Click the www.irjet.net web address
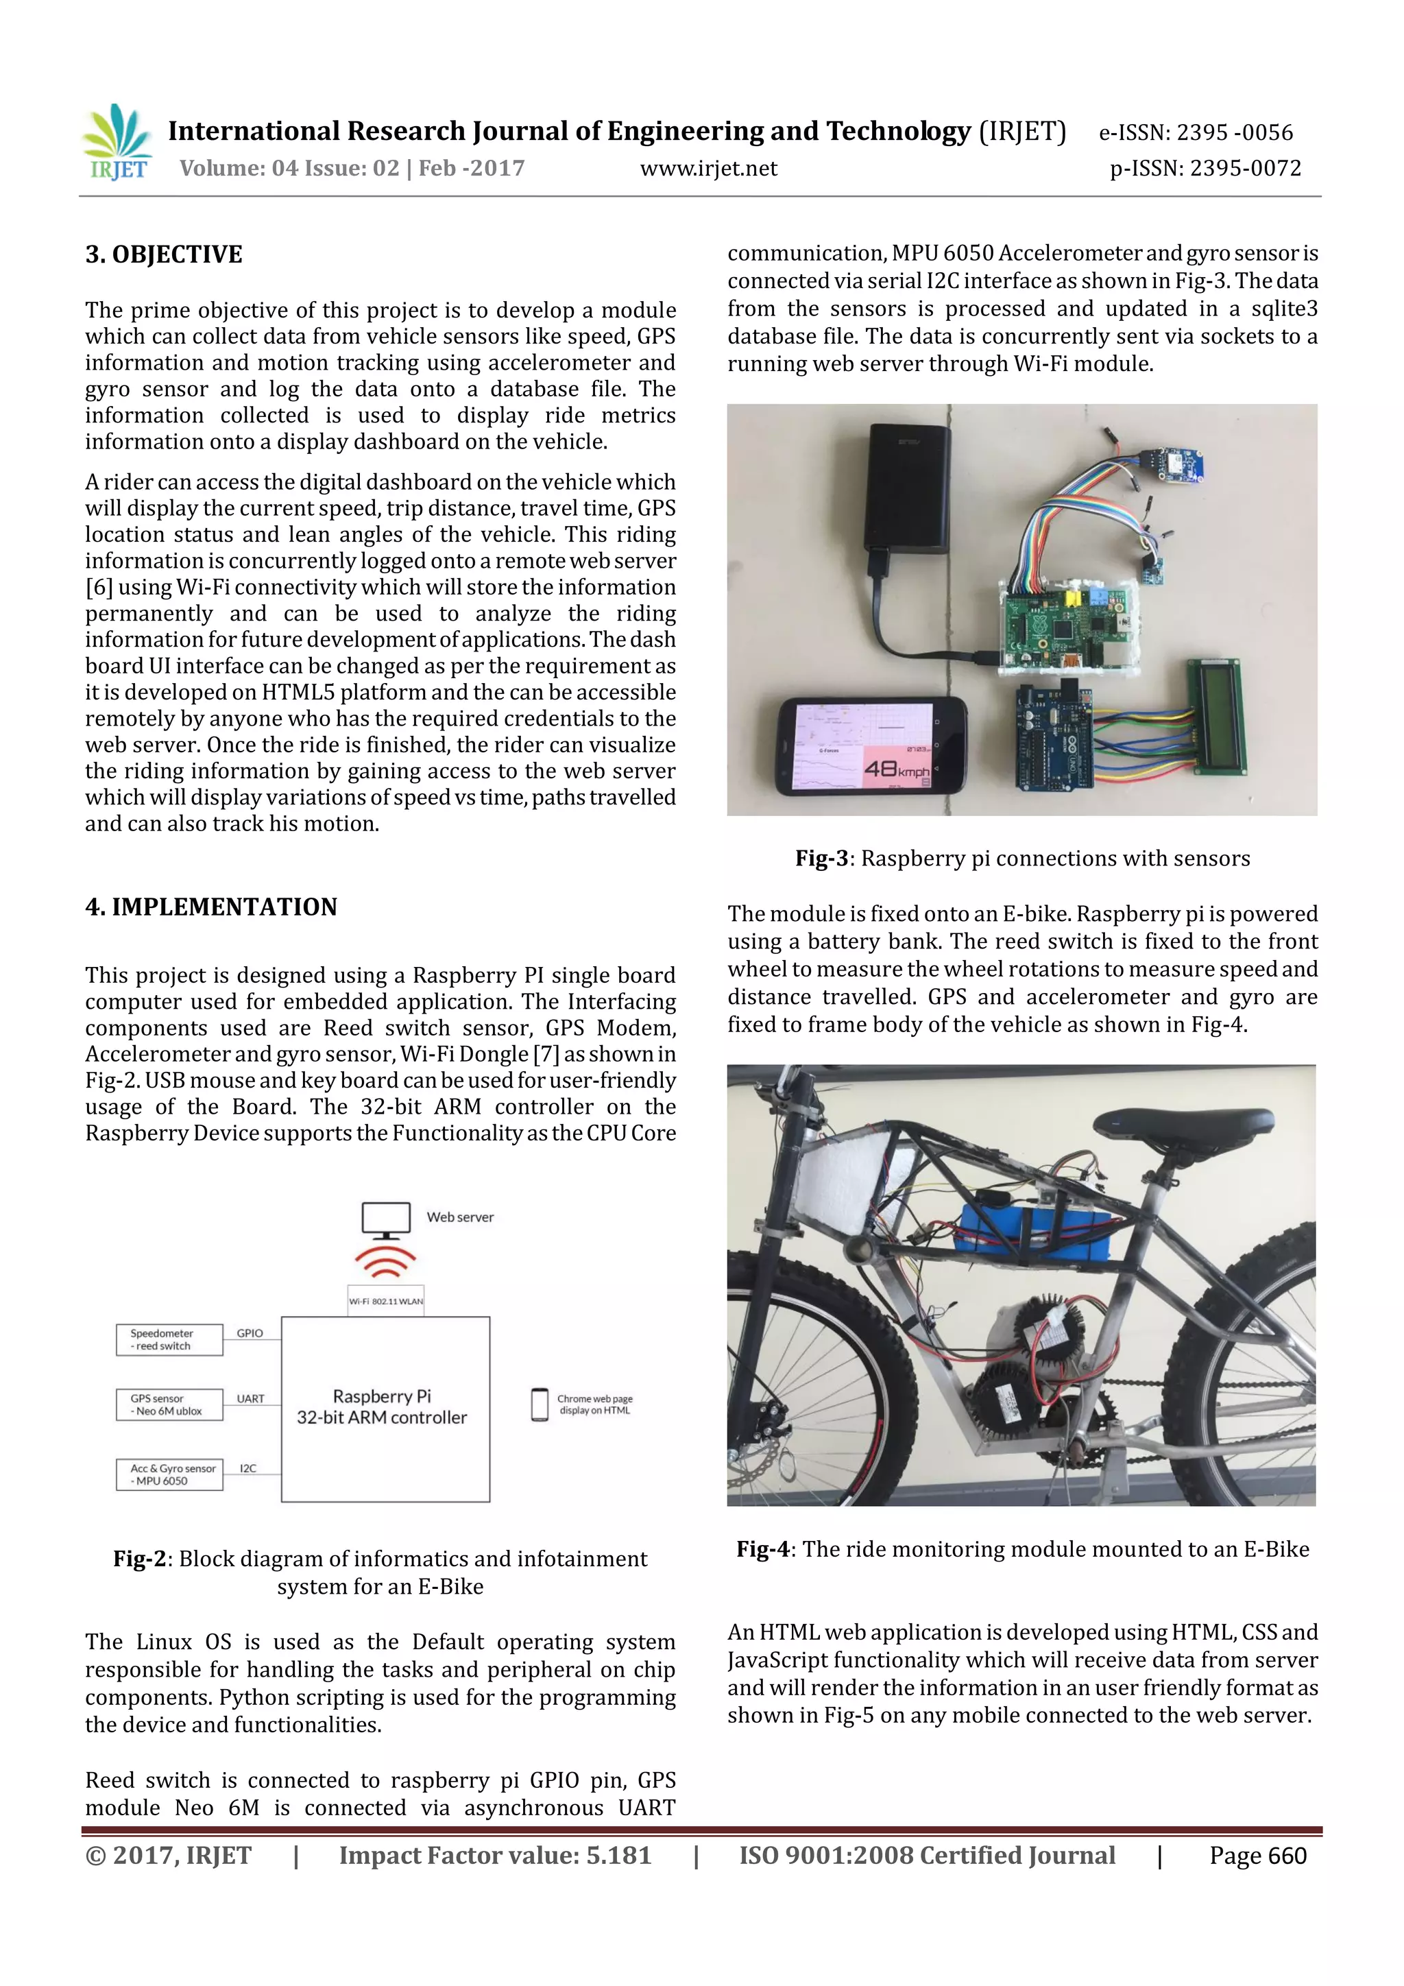pyautogui.click(x=708, y=169)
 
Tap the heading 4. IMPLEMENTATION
pyautogui.click(x=211, y=907)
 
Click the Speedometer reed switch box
pyautogui.click(x=169, y=1340)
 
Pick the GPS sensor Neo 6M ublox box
pyautogui.click(x=169, y=1404)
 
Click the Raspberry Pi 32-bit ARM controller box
pyautogui.click(x=385, y=1408)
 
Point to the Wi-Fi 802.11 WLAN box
pyautogui.click(x=385, y=1301)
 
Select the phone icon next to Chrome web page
pyautogui.click(x=540, y=1404)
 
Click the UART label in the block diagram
pyautogui.click(x=251, y=1399)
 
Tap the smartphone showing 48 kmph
pyautogui.click(x=871, y=745)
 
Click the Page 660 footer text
pyautogui.click(x=1257, y=1856)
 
